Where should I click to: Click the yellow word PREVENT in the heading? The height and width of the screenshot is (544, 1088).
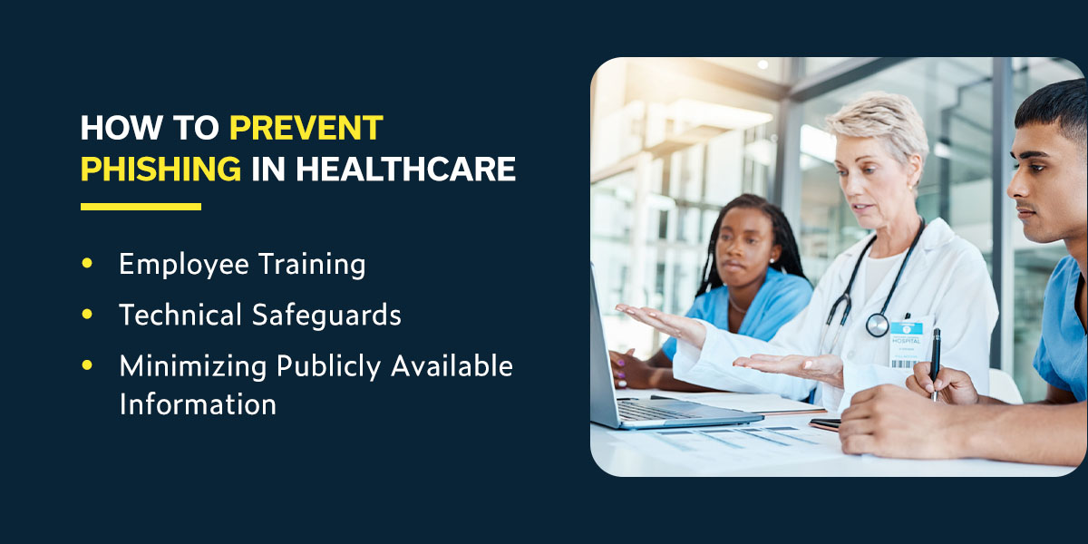tap(306, 128)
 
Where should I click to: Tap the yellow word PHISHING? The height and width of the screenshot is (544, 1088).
tap(160, 169)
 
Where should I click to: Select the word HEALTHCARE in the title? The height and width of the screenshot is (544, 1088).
tap(406, 169)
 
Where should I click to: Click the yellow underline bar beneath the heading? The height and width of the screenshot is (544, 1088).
tap(141, 207)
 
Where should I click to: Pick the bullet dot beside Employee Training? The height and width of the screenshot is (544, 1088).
tap(87, 263)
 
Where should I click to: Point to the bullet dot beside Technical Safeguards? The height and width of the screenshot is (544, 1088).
tap(87, 315)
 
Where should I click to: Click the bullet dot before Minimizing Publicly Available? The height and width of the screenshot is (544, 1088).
tap(87, 364)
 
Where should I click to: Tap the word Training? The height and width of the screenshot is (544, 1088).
tap(312, 265)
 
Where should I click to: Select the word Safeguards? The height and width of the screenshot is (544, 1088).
tap(327, 315)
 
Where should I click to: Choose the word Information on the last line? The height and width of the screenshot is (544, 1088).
tap(198, 404)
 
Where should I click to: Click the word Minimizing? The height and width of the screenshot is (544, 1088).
tap(193, 366)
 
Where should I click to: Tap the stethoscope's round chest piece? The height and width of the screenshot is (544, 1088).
tap(878, 325)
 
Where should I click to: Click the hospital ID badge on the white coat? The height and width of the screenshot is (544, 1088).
tap(906, 344)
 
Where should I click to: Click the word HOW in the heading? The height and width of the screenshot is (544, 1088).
tap(121, 128)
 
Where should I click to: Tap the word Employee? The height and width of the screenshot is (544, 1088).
tap(184, 265)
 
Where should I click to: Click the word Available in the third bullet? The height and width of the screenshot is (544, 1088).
tap(452, 365)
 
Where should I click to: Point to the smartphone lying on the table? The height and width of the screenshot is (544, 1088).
tap(826, 424)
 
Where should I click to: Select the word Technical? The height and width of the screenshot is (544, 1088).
tap(180, 315)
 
